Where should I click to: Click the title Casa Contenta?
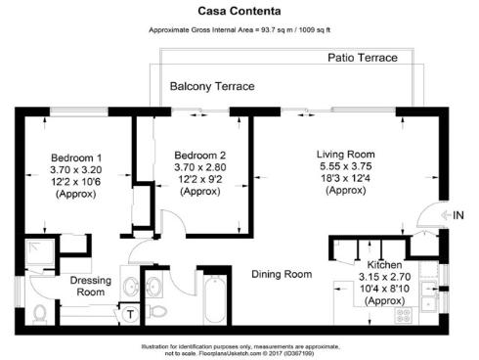239,12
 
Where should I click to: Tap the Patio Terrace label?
362,59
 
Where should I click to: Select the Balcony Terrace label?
212,86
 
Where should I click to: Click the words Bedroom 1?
75,157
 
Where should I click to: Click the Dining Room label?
282,274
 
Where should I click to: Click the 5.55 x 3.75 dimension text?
345,167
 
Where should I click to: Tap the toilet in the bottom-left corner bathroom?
39,313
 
